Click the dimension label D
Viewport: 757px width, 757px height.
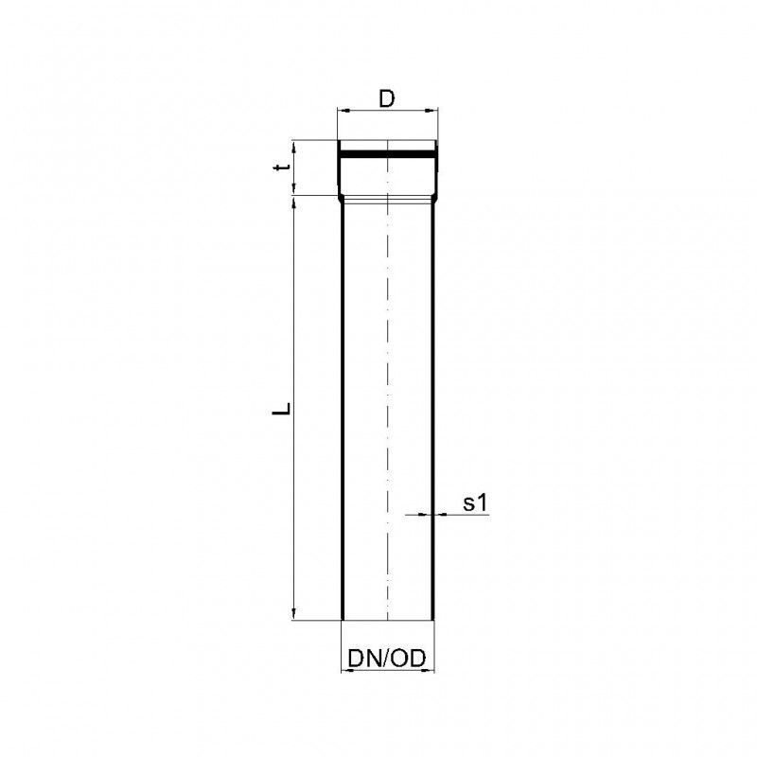click(387, 98)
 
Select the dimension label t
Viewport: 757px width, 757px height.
click(282, 167)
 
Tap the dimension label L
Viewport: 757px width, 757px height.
click(282, 409)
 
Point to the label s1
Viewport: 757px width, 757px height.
click(476, 503)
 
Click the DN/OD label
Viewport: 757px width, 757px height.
click(387, 658)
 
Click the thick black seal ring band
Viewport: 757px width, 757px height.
click(387, 154)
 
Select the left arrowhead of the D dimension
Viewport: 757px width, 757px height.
click(343, 111)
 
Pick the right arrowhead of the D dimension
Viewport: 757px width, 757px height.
click(431, 111)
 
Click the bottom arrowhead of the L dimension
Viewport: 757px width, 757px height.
click(294, 614)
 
